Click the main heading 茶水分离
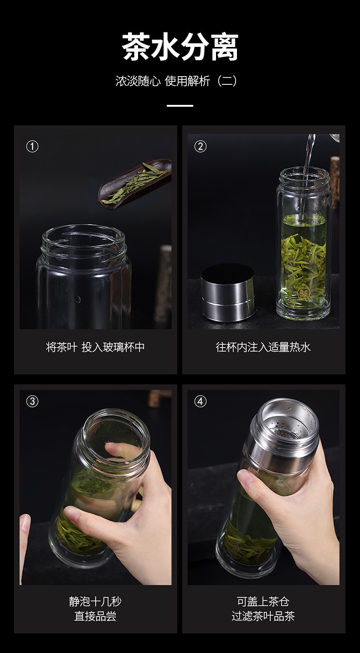pyautogui.click(x=180, y=47)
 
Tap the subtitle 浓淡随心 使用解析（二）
pyautogui.click(x=176, y=81)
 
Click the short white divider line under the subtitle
pyautogui.click(x=180, y=105)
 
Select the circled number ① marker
pyautogui.click(x=32, y=146)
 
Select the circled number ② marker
pyautogui.click(x=201, y=146)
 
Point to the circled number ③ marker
pyautogui.click(x=32, y=401)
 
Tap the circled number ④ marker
pyautogui.click(x=201, y=401)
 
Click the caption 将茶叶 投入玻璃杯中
pyautogui.click(x=95, y=347)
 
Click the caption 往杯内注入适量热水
pyautogui.click(x=263, y=347)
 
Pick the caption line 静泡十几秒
pyautogui.click(x=95, y=601)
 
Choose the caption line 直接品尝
pyautogui.click(x=95, y=616)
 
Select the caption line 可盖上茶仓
pyautogui.click(x=263, y=601)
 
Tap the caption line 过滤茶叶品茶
pyautogui.click(x=263, y=616)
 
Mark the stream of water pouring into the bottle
pyautogui.click(x=307, y=175)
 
